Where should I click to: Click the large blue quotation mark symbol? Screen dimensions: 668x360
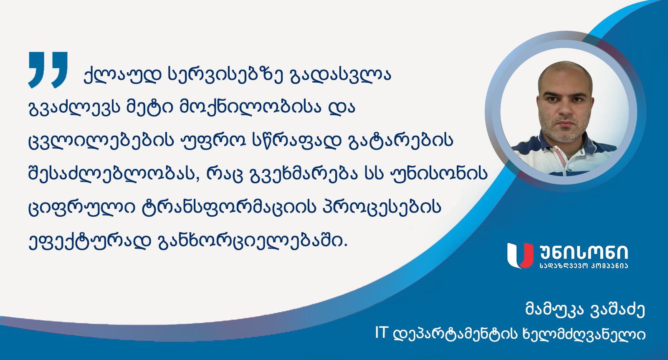48,70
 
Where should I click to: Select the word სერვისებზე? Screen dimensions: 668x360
225,75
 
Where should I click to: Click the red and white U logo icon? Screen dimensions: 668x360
520,255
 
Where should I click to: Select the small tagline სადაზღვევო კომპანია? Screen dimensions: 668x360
584,266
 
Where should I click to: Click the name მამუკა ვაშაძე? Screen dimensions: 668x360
585,310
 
